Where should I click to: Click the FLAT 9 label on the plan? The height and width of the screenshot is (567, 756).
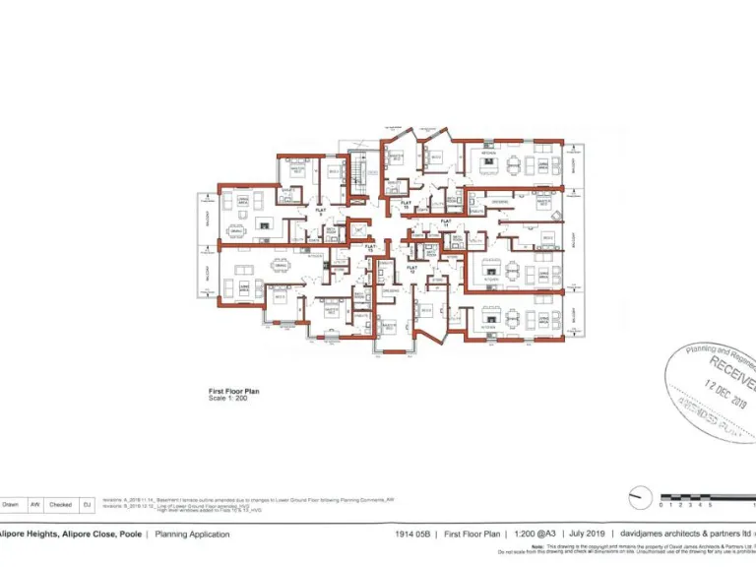click(x=320, y=211)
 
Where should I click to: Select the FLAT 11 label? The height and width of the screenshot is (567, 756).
click(x=445, y=222)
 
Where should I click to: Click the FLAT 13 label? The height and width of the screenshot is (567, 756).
click(x=370, y=250)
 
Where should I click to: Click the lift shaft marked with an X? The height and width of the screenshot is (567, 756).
click(x=359, y=230)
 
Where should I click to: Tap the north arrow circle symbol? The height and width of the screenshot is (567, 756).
click(x=640, y=497)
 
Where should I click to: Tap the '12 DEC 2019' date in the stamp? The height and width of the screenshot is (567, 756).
click(x=726, y=392)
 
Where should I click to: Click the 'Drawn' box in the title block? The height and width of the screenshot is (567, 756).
click(x=11, y=504)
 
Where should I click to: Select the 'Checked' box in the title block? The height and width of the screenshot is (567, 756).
click(x=61, y=504)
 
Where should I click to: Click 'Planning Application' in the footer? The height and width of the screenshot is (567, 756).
click(x=193, y=535)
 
